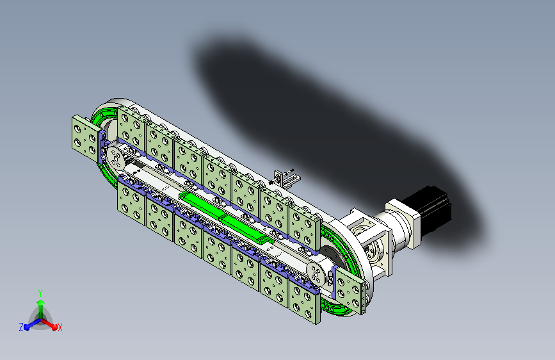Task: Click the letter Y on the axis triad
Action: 40,293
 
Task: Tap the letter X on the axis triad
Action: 60,327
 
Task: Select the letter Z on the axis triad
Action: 21,327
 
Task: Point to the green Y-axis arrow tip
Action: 41,302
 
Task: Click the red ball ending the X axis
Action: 54,327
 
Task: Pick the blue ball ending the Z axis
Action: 27,327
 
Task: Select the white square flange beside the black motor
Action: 403,222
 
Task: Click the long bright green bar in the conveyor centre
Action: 226,218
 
